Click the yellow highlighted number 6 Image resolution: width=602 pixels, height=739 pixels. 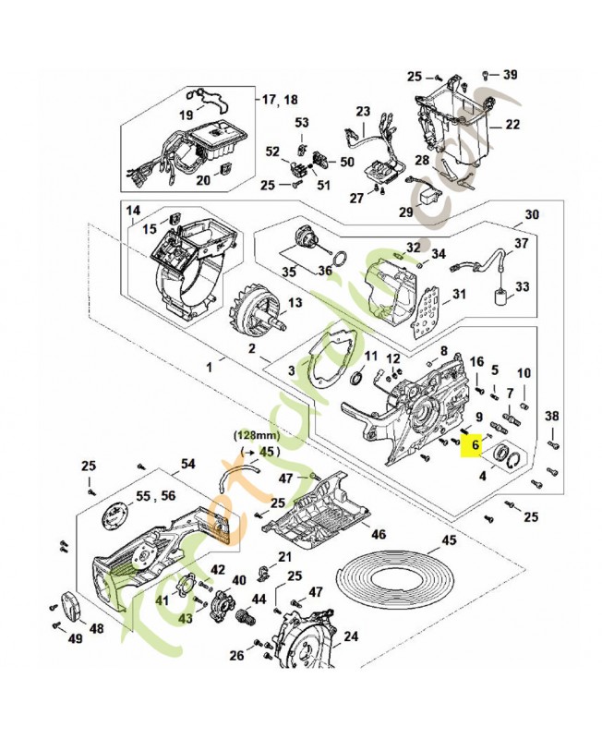pyautogui.click(x=476, y=444)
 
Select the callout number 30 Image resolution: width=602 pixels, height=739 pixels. pyautogui.click(x=531, y=215)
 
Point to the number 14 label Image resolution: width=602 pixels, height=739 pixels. pyautogui.click(x=134, y=212)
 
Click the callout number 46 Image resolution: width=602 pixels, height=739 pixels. pyautogui.click(x=379, y=534)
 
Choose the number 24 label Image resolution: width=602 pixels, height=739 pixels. pyautogui.click(x=351, y=636)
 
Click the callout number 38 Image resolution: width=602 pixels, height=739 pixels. pyautogui.click(x=552, y=417)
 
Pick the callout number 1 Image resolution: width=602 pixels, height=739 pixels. pyautogui.click(x=209, y=367)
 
